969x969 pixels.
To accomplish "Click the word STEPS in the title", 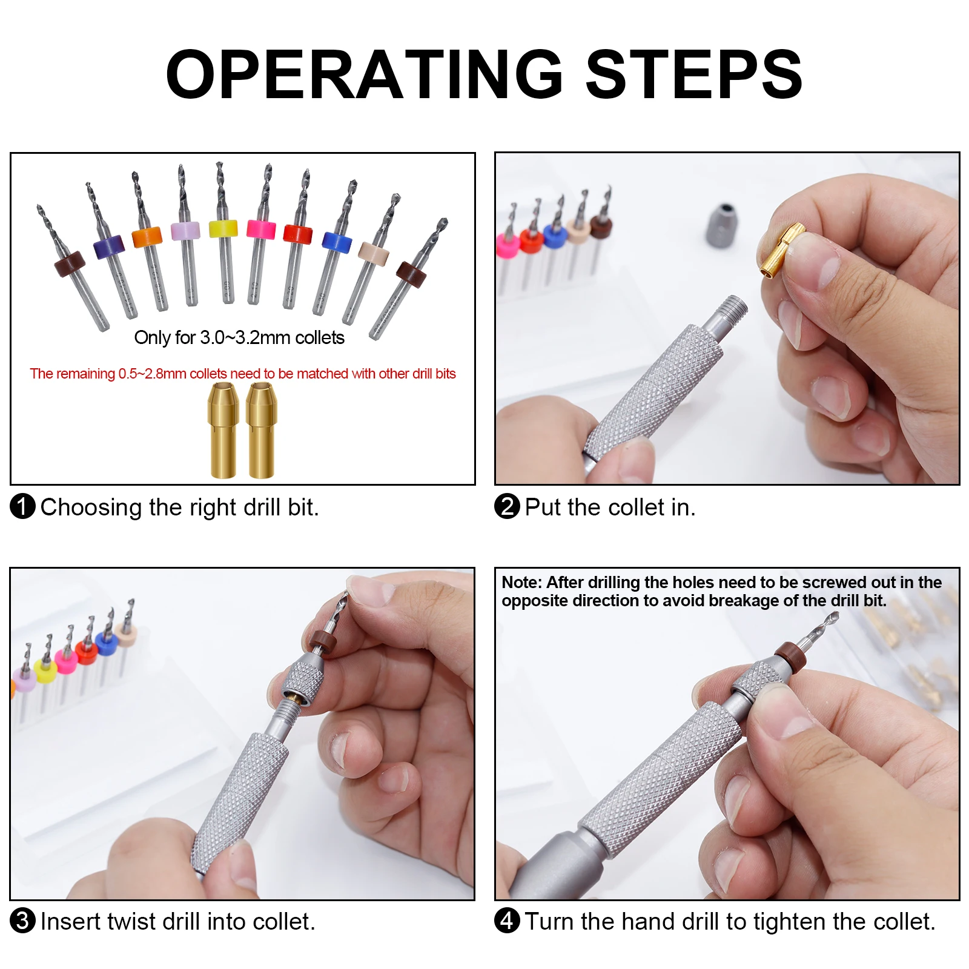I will pos(693,74).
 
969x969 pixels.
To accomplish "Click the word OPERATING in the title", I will pos(364,74).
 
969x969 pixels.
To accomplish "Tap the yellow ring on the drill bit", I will pos(223,229).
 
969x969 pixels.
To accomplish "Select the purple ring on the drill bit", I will pos(109,246).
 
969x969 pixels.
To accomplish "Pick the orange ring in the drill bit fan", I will pos(147,237).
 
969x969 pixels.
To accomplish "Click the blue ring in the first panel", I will pos(337,242).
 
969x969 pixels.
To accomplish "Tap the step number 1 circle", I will pos(23,506).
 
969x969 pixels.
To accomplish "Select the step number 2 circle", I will pos(507,506).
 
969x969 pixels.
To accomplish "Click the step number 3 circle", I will pos(23,921).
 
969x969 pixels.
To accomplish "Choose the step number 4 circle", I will pos(507,921).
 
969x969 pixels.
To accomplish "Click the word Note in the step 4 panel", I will pos(522,583).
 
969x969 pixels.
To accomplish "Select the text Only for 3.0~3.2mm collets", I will pos(239,338).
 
